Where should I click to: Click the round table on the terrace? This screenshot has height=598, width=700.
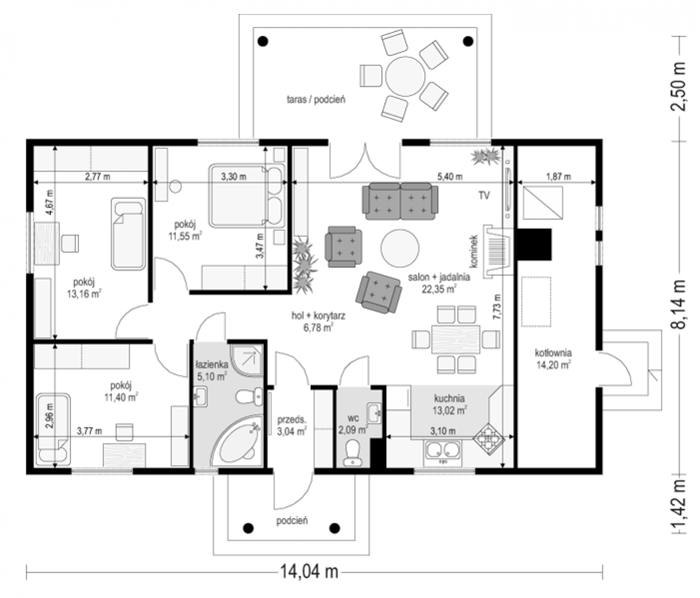tap(405, 76)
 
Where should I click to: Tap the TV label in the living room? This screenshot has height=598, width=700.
tap(484, 195)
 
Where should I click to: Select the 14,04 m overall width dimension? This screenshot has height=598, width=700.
tap(309, 572)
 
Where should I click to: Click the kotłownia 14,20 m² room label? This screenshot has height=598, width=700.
tap(553, 358)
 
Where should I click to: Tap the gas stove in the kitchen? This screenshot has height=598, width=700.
tap(489, 439)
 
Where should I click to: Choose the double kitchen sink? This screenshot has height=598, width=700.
tap(442, 452)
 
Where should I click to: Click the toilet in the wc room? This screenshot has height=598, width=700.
tap(352, 452)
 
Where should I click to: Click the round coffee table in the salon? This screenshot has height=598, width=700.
tap(400, 248)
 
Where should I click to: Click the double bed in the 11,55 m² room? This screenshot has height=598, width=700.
tap(247, 196)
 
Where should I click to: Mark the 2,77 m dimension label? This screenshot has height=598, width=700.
tap(98, 176)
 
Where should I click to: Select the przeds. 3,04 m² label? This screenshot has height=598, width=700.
tap(292, 426)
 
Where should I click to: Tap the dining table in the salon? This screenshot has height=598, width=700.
tap(456, 339)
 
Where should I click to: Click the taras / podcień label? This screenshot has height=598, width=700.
tap(316, 100)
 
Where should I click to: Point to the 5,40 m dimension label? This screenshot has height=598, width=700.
tap(450, 176)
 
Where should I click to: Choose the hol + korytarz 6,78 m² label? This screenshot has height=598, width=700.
tap(318, 321)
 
